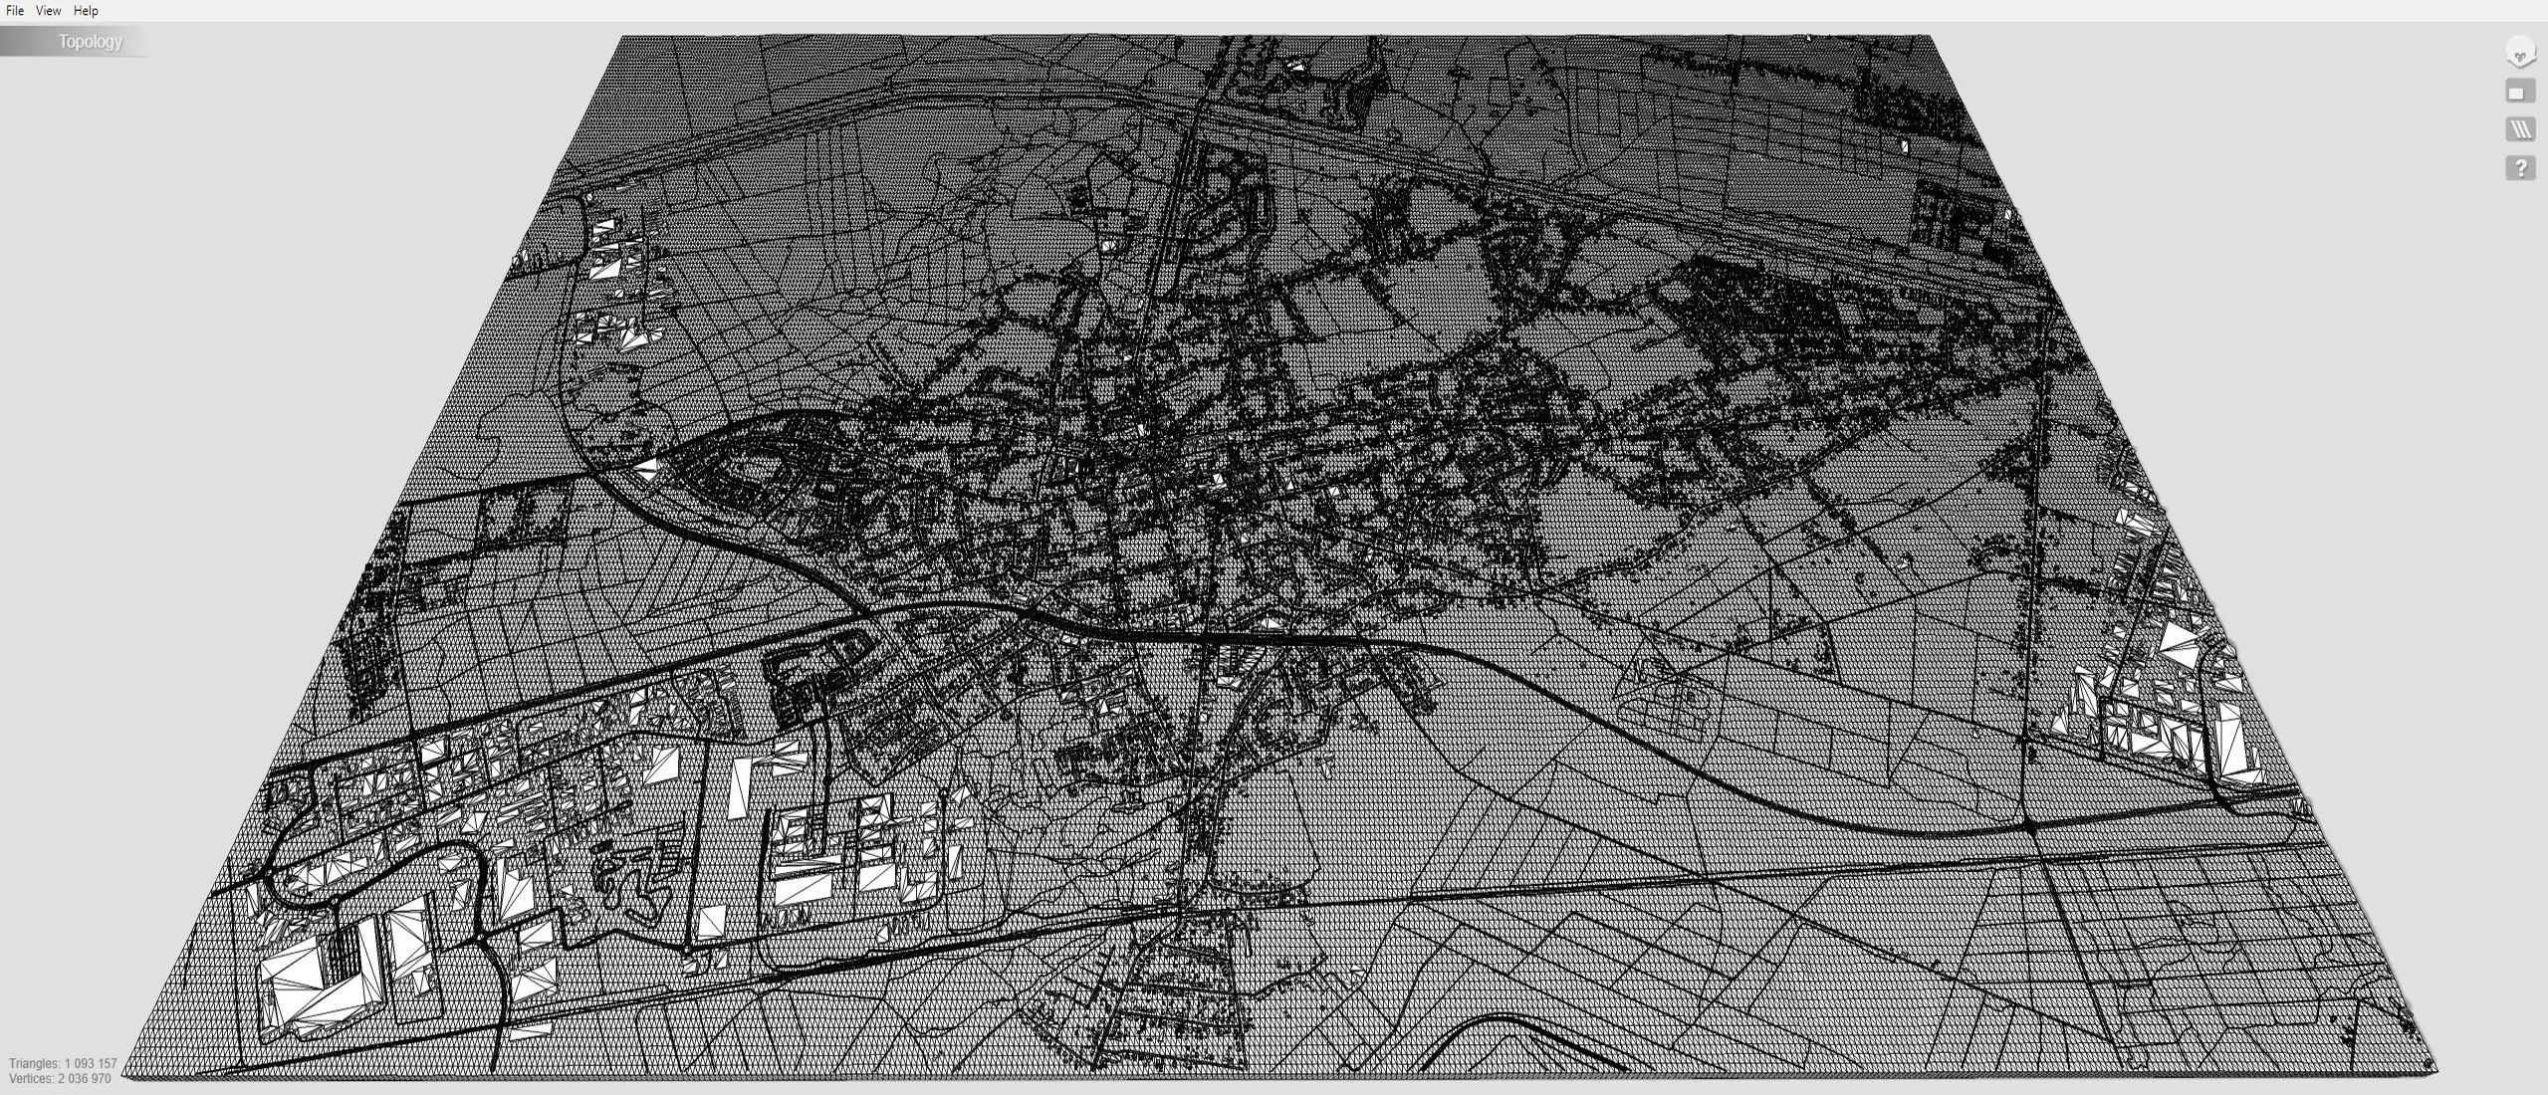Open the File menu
tap(15, 11)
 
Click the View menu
tap(48, 11)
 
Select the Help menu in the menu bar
tap(86, 11)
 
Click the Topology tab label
tap(90, 42)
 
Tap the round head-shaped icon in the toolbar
tap(2519, 53)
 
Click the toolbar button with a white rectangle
tap(2519, 93)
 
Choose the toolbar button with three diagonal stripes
tap(2519, 129)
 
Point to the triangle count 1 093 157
tap(92, 1063)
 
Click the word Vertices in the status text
tap(31, 1078)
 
